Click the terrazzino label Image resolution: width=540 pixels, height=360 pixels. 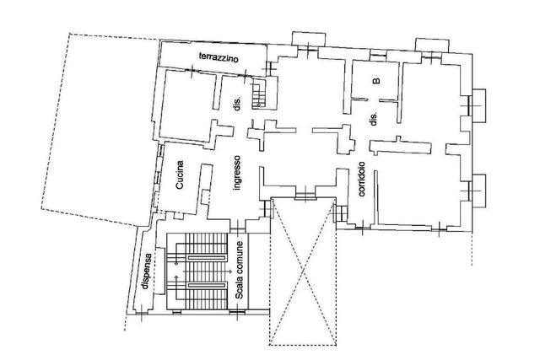tap(219, 57)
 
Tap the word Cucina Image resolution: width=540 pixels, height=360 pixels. tap(180, 175)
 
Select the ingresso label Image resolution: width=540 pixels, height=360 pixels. tap(236, 173)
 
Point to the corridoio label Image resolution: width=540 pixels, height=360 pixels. tap(361, 179)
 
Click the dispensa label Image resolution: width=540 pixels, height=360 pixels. tap(147, 271)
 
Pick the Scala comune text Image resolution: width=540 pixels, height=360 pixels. tap(240, 270)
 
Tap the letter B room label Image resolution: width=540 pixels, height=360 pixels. tap(376, 81)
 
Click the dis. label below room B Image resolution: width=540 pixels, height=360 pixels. tap(374, 119)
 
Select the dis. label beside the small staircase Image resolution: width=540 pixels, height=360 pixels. tap(238, 103)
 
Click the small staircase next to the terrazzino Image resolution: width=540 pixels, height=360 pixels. tap(259, 94)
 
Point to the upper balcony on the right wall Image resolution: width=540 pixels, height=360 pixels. tap(478, 105)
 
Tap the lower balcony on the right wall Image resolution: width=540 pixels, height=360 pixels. tap(478, 191)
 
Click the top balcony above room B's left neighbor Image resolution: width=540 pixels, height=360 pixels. tap(309, 39)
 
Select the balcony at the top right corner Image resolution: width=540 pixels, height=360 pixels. tap(432, 45)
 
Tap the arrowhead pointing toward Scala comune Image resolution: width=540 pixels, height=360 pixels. tap(229, 271)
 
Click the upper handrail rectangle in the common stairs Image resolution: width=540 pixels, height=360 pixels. tap(206, 257)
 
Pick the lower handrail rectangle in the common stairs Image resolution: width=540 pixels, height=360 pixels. tap(206, 286)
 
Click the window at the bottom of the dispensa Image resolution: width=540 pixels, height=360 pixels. tap(142, 312)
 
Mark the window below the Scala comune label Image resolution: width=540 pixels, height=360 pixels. tap(237, 312)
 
